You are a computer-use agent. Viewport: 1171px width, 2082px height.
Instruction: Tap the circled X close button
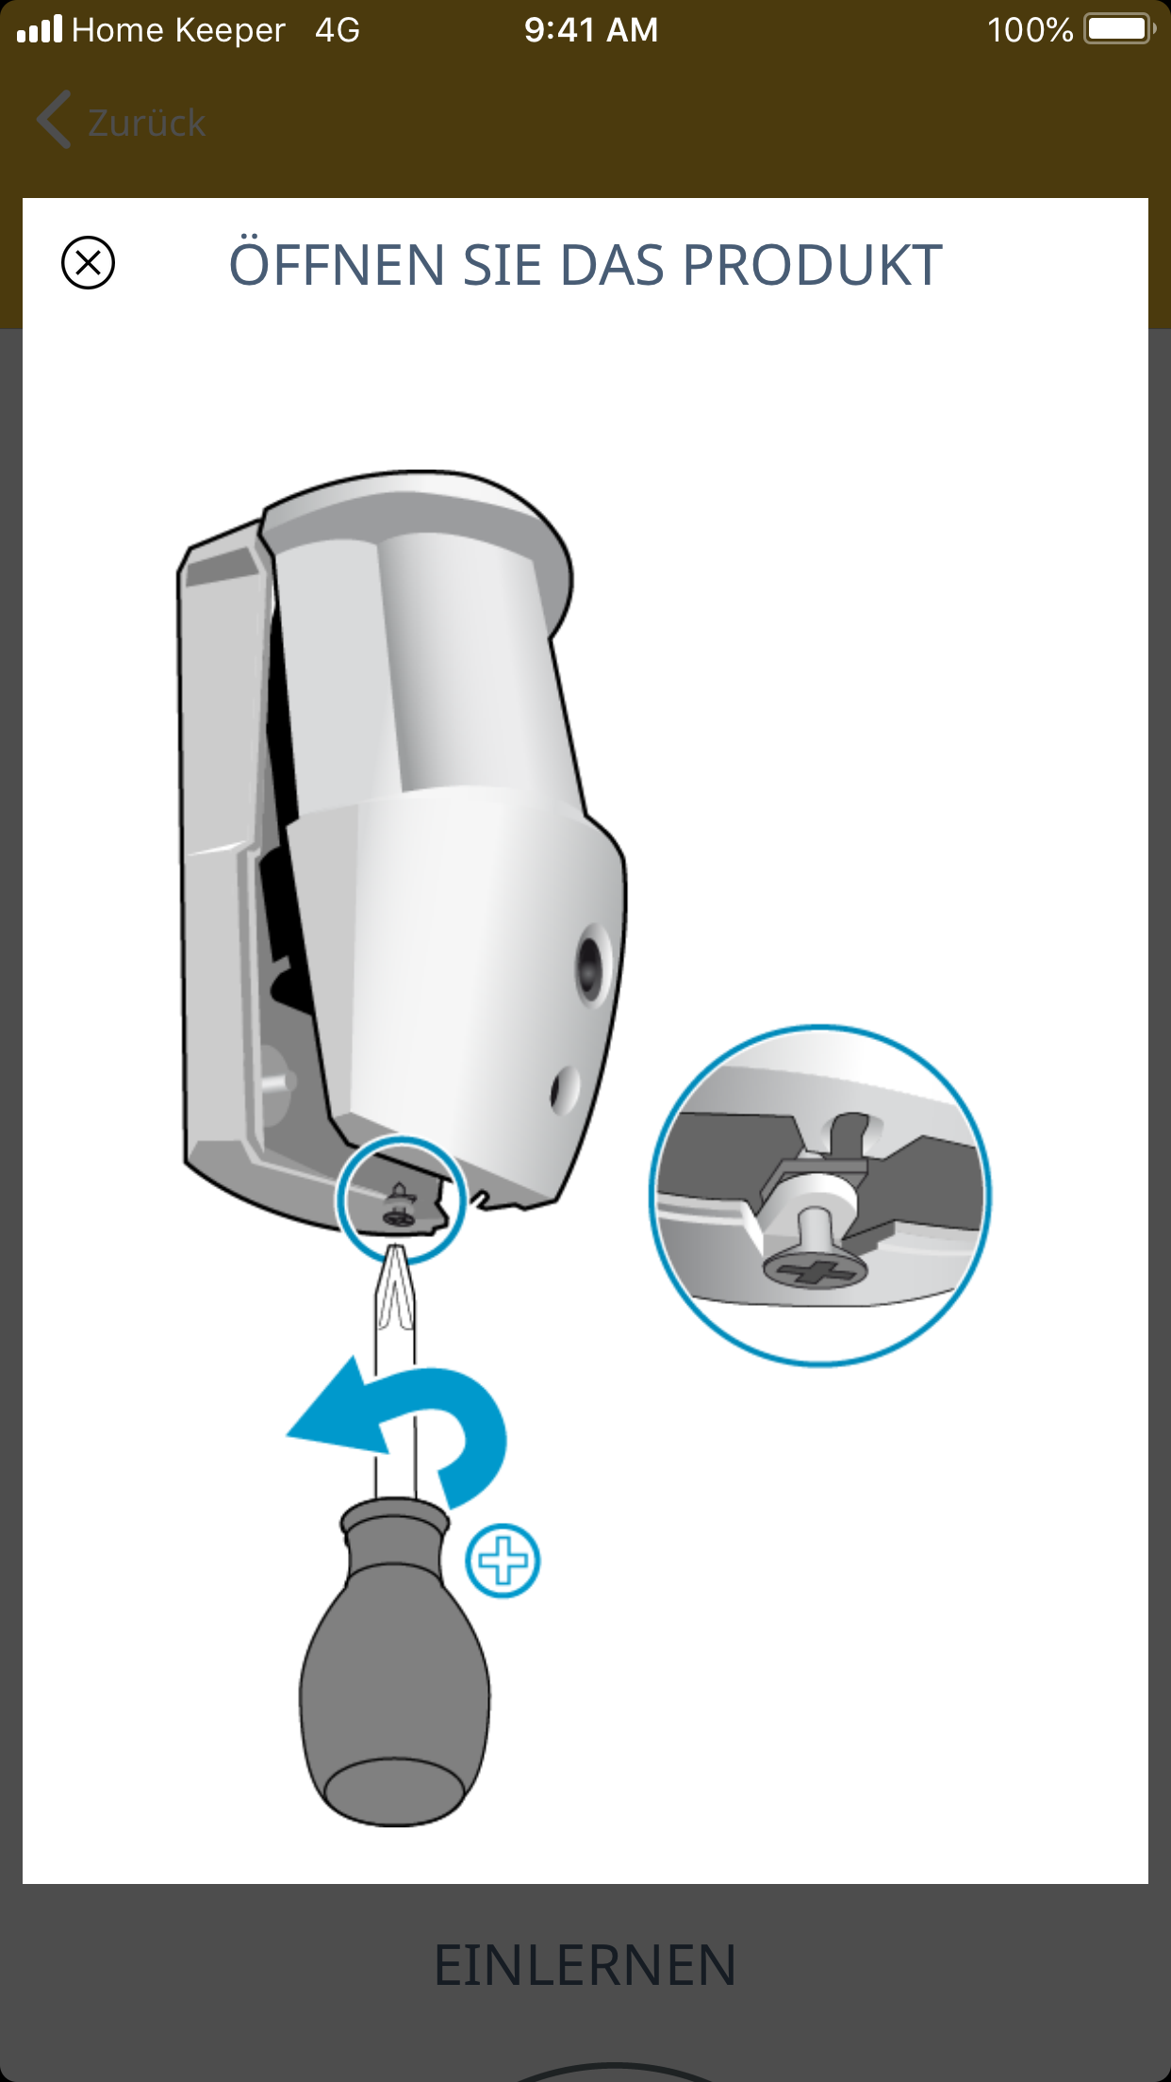pos(88,262)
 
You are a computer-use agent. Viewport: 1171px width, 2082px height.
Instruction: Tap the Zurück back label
pos(147,123)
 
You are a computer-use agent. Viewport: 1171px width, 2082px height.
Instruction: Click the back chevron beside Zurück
pos(53,120)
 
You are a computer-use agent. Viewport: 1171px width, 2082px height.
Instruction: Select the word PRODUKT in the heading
pos(812,265)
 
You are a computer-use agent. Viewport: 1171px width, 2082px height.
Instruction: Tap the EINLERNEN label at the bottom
pos(585,1966)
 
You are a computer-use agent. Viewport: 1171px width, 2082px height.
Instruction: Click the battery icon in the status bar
pos(1120,29)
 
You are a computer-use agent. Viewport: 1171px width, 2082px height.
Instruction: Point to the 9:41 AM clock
pos(591,30)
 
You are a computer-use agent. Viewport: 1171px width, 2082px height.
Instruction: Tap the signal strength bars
pos(40,28)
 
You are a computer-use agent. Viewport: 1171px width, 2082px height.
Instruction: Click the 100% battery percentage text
pos(1030,30)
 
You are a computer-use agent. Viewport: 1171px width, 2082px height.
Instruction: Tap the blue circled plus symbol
pos(503,1561)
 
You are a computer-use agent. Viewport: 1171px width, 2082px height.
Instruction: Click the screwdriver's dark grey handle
pos(395,1664)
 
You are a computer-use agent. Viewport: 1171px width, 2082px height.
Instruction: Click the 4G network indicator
pos(338,30)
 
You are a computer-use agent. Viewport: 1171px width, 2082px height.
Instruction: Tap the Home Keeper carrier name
pos(178,30)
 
